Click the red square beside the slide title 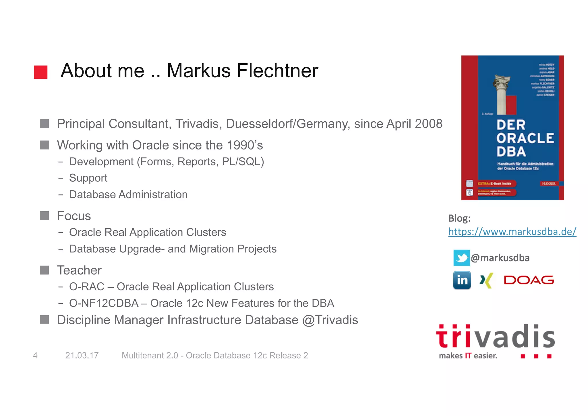coord(40,72)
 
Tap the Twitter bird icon coord(461,258)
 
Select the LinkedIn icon coord(462,280)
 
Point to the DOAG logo coord(529,280)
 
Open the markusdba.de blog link coord(512,231)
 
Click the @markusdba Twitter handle coord(500,258)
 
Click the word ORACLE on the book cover coord(525,138)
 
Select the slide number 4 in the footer coord(35,355)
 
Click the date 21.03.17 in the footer coord(82,355)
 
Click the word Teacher coord(79,270)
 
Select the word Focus coord(74,216)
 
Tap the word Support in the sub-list coord(88,178)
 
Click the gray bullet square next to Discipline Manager coord(45,319)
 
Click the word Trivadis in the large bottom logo coord(495,336)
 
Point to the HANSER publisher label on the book coord(548,183)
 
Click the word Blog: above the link coord(459,218)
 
